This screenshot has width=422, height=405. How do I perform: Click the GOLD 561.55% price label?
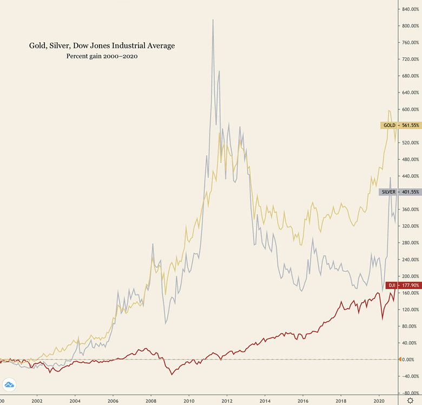[400, 125]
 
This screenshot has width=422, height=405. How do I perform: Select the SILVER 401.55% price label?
[400, 192]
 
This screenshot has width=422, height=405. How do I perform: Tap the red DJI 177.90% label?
[403, 285]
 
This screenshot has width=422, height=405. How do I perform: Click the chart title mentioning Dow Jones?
[102, 46]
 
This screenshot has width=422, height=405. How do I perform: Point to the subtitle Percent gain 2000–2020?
[102, 56]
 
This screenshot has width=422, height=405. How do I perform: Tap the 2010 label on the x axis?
[189, 401]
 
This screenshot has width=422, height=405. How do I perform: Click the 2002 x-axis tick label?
[37, 401]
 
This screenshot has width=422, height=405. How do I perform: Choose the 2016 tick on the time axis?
[302, 401]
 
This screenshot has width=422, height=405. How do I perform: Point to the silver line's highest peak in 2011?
[213, 19]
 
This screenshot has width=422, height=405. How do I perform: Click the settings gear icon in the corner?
[410, 401]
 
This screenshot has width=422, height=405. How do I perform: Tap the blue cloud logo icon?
[9, 386]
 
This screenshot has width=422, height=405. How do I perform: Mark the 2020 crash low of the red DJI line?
[383, 319]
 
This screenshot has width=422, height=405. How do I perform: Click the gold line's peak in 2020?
[389, 110]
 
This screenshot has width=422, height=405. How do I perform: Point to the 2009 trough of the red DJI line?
[172, 374]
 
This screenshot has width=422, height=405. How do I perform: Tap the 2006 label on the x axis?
[113, 401]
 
